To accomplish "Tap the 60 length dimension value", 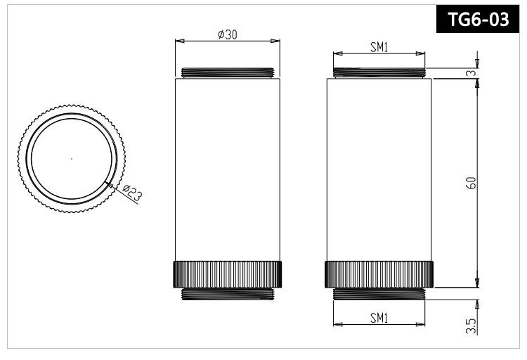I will point(472,182).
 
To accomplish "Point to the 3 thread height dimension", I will point(472,72).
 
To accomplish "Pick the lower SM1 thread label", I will point(379,317).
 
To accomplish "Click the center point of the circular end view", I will point(72,159).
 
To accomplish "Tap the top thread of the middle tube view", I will point(227,72).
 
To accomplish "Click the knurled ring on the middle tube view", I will point(227,274).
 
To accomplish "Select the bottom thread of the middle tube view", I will point(227,295).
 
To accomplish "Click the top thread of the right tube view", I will point(379,72).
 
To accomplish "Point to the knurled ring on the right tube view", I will point(379,274).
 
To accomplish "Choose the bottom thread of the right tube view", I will point(379,295).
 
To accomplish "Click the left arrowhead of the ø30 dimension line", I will point(177,41).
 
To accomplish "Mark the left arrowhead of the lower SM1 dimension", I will point(336,325).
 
